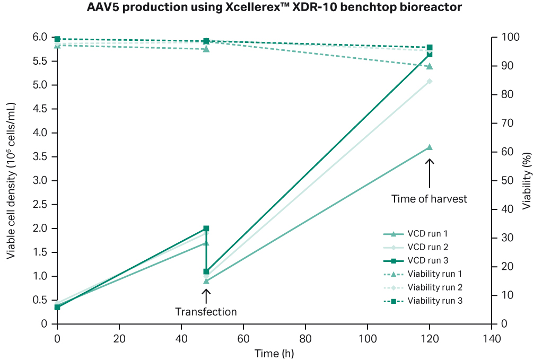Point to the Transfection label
[x=206, y=312]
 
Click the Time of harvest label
[x=429, y=199]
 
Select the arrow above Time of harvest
[x=430, y=173]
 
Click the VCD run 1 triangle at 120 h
[x=430, y=147]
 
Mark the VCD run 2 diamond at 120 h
[x=430, y=81]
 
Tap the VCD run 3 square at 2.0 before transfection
[x=206, y=229]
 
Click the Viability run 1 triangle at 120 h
[x=430, y=66]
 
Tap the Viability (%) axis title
[x=526, y=180]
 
